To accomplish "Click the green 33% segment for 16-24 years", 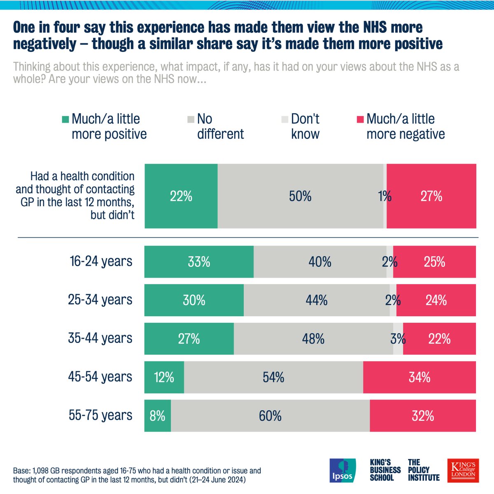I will click(x=199, y=262).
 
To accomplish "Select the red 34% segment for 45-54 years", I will click(x=419, y=377).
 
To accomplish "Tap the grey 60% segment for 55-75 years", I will click(x=270, y=416).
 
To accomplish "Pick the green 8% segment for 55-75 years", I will click(x=157, y=416).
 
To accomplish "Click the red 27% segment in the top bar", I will click(x=431, y=196).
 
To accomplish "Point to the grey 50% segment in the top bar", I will click(x=300, y=196).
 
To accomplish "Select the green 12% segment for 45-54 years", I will click(x=164, y=377).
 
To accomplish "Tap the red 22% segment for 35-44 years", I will click(x=439, y=339).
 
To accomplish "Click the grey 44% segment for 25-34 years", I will click(x=316, y=300).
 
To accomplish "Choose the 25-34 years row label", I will click(x=100, y=300).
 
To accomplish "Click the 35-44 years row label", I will click(x=100, y=338).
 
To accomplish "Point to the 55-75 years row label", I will click(x=100, y=415).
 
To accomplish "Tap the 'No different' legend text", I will click(x=220, y=126).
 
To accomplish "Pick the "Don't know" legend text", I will click(x=305, y=126).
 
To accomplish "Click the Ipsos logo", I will click(x=343, y=470).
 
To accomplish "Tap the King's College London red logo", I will click(x=463, y=470).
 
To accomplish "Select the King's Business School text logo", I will click(x=385, y=470).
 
